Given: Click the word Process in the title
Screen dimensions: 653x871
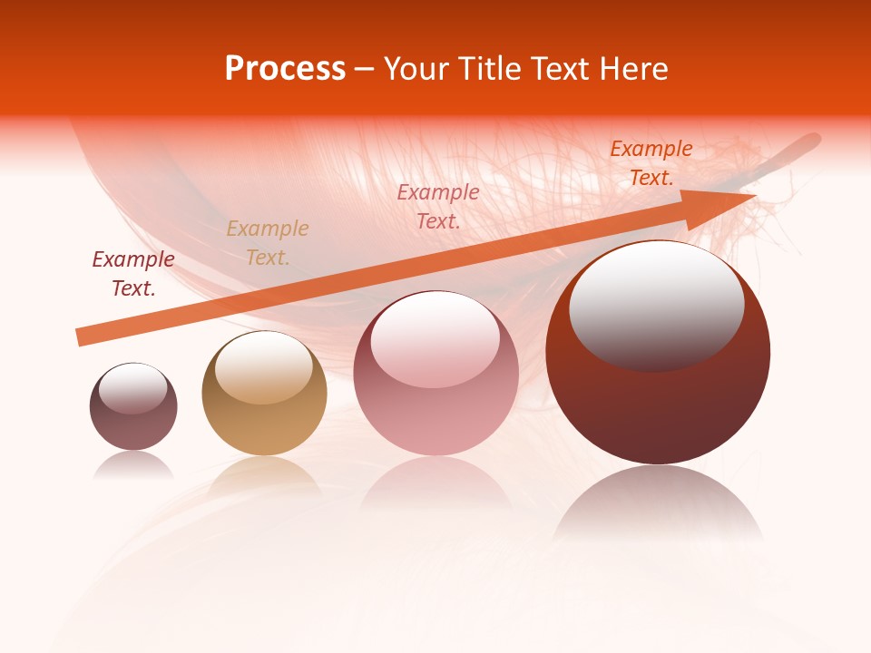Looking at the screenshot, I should coord(285,69).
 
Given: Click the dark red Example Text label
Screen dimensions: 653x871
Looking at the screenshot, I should coord(133,274).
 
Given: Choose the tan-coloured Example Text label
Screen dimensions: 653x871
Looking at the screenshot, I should coord(267,243).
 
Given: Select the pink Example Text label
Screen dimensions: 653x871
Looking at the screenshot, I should coord(438,206).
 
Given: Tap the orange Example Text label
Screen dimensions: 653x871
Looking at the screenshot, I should coord(651,163).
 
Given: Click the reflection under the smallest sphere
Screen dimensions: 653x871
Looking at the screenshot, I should coord(133,465).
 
